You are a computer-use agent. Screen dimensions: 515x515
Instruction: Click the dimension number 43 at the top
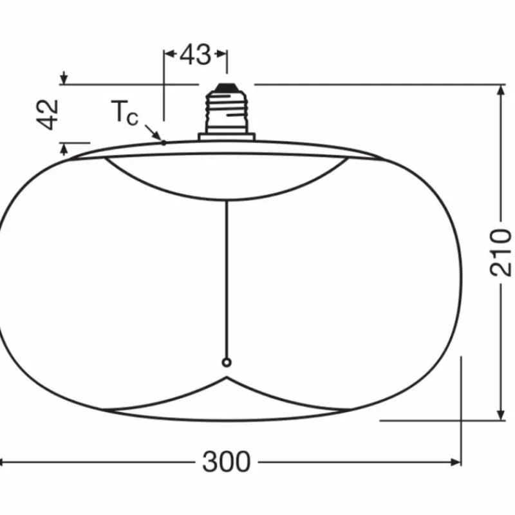tap(195, 55)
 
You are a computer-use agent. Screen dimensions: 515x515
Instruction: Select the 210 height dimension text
tap(501, 252)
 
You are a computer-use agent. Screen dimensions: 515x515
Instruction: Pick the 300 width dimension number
tap(226, 462)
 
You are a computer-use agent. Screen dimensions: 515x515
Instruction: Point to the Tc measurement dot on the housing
tap(164, 142)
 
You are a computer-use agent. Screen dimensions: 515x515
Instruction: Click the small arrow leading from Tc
tap(154, 133)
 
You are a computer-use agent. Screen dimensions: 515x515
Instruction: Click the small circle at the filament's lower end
tap(226, 363)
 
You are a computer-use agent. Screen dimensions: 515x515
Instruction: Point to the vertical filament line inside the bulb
tap(226, 277)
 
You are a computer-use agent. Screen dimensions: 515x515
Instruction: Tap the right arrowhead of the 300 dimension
tap(457, 462)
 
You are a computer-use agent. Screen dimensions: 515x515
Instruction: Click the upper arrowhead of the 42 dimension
tap(63, 79)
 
